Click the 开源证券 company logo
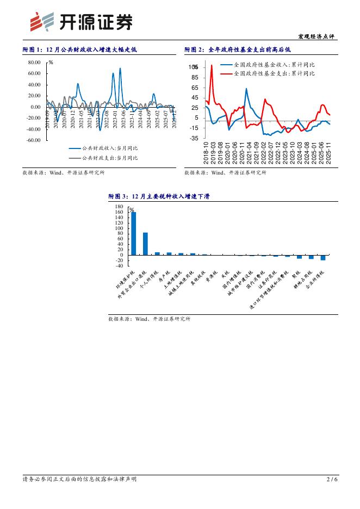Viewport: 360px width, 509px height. point(81,22)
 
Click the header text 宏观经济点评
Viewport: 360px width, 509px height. point(317,36)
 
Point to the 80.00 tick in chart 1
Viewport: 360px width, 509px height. point(34,63)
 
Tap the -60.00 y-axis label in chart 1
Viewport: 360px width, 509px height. point(33,140)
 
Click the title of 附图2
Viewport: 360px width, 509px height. point(238,49)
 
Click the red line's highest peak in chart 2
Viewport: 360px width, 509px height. point(212,66)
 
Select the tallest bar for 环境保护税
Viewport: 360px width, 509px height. point(134,233)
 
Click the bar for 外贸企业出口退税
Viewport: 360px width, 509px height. point(145,244)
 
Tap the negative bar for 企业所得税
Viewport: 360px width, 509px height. point(323,257)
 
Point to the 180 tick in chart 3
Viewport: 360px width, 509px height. point(120,207)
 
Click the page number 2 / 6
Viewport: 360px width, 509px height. point(332,479)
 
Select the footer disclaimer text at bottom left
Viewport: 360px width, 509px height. point(79,479)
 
